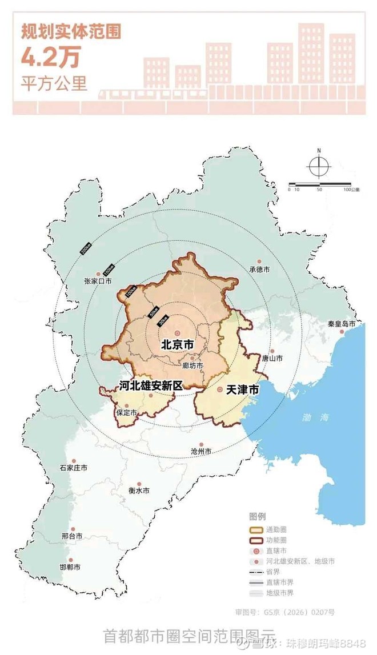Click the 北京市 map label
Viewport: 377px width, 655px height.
[178, 345]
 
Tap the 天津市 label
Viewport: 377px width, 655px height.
[243, 390]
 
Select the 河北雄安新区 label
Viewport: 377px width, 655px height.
[151, 385]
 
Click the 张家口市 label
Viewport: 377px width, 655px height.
[98, 281]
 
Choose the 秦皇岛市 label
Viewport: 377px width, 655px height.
[342, 324]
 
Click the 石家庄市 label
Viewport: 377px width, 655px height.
[74, 468]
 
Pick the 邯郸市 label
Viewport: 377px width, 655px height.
[70, 568]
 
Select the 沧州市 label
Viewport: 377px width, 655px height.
[201, 451]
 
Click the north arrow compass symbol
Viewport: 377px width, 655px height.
[319, 165]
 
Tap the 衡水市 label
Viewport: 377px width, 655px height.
[139, 491]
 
